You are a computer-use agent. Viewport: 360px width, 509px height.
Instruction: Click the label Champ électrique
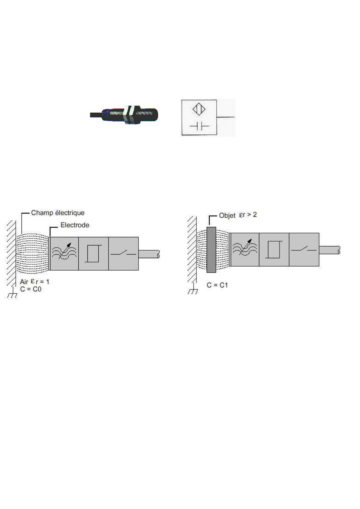58,213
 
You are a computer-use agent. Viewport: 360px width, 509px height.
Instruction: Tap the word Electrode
75,225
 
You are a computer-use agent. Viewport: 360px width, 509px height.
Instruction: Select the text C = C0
31,289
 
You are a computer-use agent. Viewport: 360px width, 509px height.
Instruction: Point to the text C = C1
217,285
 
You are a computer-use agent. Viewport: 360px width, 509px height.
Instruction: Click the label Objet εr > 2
238,215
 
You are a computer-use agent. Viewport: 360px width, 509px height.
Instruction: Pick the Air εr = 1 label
34,281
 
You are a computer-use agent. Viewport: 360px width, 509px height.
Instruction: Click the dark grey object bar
211,250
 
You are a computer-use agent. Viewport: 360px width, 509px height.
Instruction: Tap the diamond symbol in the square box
199,109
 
